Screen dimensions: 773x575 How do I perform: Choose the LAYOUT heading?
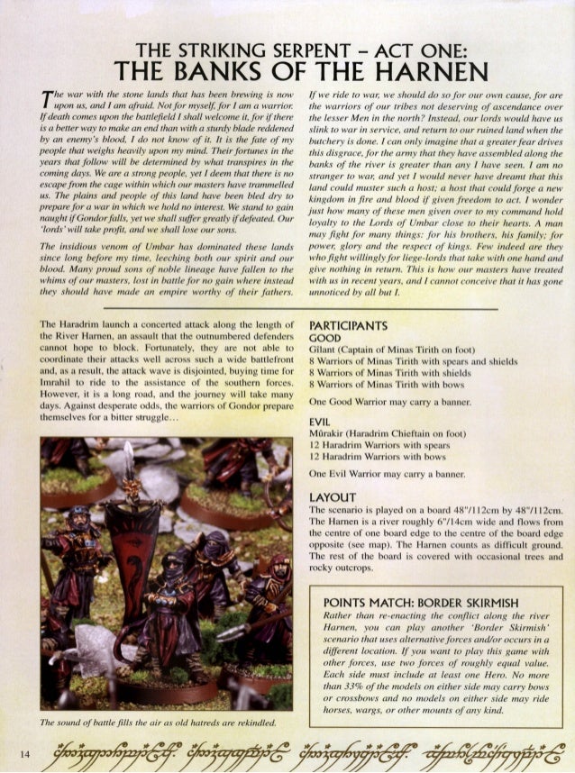click(332, 496)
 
